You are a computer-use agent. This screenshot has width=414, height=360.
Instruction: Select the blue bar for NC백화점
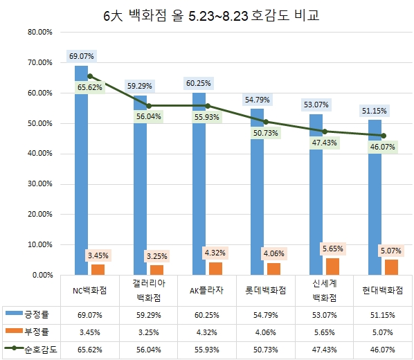(x=81, y=173)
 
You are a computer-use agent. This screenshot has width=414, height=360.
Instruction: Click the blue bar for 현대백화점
(x=375, y=208)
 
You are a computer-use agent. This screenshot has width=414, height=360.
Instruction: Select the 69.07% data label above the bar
(x=82, y=55)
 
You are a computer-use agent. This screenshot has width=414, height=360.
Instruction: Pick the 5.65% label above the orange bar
(x=332, y=249)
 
